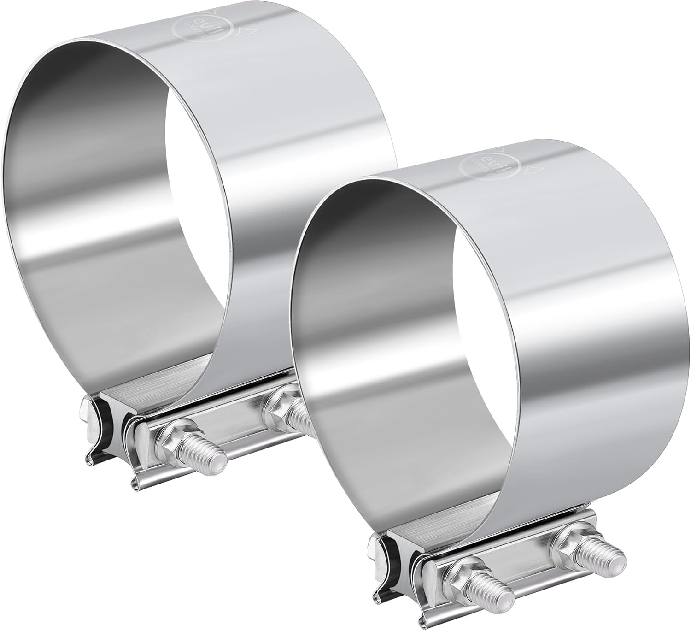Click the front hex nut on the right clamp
(464, 575)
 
